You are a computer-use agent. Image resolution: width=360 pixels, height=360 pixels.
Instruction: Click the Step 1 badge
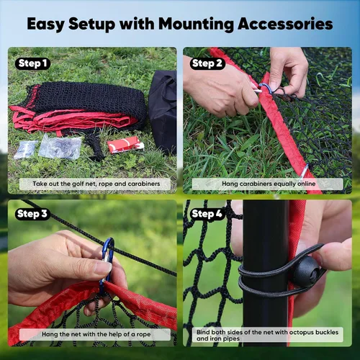pyautogui.click(x=32, y=63)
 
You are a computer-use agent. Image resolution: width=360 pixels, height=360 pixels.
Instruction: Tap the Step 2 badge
pyautogui.click(x=207, y=63)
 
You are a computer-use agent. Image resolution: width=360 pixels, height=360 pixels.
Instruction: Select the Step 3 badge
pyautogui.click(x=32, y=214)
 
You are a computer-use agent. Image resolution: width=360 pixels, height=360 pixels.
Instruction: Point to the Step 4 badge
pyautogui.click(x=207, y=214)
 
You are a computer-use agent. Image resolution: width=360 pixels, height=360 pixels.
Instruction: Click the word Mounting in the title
pyautogui.click(x=196, y=24)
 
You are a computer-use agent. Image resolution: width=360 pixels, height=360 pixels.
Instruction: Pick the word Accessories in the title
pyautogui.click(x=285, y=24)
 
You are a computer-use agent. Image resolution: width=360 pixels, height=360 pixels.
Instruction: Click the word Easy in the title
pyautogui.click(x=45, y=24)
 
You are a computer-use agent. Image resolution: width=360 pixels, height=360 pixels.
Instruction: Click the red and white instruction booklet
pyautogui.click(x=125, y=145)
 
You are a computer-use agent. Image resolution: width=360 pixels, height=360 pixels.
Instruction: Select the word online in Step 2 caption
pyautogui.click(x=306, y=184)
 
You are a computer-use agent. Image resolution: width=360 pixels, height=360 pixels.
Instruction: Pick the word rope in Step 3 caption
pyautogui.click(x=143, y=334)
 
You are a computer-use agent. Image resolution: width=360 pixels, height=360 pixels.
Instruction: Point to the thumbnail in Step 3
pyautogui.click(x=102, y=267)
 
